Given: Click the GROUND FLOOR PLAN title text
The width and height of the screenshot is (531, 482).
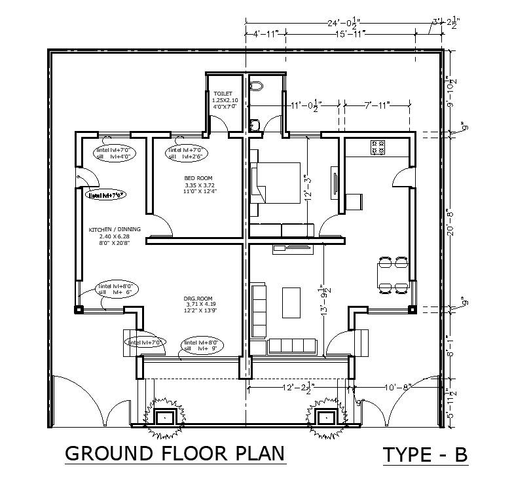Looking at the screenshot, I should click(x=175, y=453).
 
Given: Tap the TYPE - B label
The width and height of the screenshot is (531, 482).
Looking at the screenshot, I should click(x=426, y=454).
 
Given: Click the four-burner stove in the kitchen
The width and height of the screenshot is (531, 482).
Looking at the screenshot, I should click(x=377, y=148).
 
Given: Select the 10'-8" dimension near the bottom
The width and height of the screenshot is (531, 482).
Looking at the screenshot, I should click(x=399, y=387).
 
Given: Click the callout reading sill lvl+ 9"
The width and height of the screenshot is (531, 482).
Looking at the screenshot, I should click(x=204, y=346).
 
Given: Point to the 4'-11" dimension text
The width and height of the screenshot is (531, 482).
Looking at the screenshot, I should click(x=265, y=33).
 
